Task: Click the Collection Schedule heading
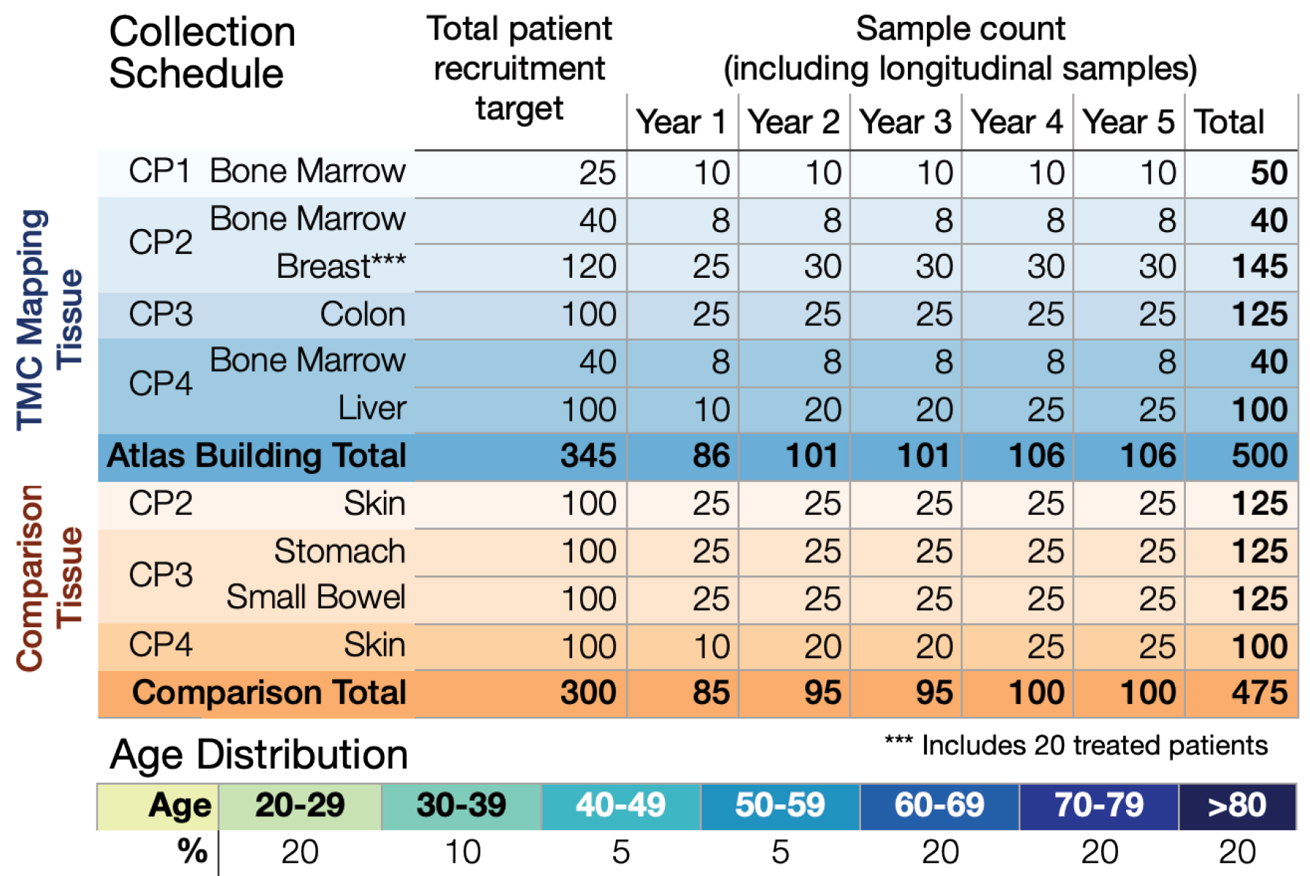(201, 53)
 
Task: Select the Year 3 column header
(905, 122)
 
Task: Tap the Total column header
(1229, 122)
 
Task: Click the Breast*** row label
(341, 267)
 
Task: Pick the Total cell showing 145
(1260, 267)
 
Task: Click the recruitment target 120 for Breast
(588, 267)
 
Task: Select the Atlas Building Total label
(256, 456)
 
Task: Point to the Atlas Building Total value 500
(1260, 456)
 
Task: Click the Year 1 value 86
(711, 456)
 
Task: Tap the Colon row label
(363, 314)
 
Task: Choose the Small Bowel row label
(315, 597)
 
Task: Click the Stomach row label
(339, 551)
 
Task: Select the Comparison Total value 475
(1260, 693)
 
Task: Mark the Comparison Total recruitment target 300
(588, 693)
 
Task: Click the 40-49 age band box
(620, 806)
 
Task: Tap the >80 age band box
(1237, 806)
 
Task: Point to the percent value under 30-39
(462, 852)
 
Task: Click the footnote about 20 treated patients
(1076, 745)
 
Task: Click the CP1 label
(159, 171)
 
